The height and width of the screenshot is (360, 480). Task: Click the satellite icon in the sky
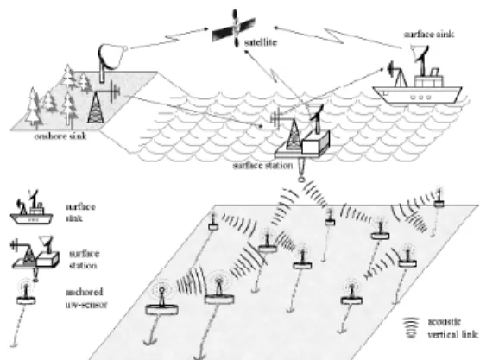click(x=235, y=28)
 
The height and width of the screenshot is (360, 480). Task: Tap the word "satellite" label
click(x=261, y=42)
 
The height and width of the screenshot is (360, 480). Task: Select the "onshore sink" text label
click(x=60, y=136)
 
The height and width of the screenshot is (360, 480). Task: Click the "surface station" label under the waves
click(x=262, y=166)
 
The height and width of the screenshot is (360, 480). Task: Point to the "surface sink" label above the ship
click(x=428, y=35)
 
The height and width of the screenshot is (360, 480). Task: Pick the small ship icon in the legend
click(x=32, y=208)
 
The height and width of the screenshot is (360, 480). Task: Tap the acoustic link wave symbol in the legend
click(x=410, y=328)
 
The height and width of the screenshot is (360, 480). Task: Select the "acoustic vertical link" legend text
click(x=452, y=328)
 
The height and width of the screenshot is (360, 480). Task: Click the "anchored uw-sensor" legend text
click(x=86, y=298)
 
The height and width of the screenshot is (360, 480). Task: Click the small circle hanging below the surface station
click(x=301, y=180)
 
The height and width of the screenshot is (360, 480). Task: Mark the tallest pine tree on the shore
click(x=33, y=108)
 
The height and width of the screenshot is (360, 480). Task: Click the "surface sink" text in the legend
click(x=80, y=212)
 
